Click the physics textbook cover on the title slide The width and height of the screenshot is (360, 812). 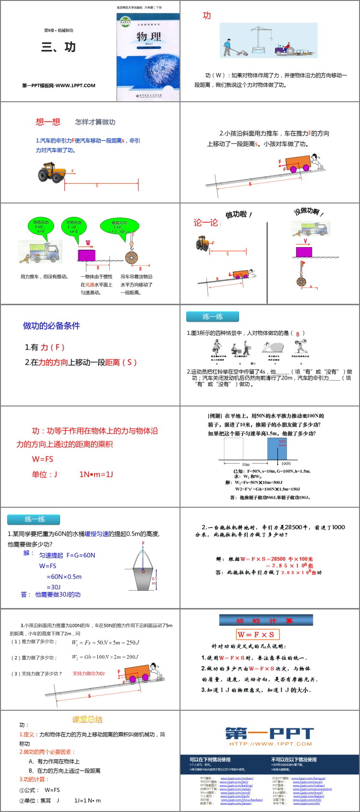(148, 56)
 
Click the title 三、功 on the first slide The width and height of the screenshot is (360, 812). (58, 47)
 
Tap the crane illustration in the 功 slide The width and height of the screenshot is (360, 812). (261, 38)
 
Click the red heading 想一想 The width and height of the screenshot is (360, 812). (48, 122)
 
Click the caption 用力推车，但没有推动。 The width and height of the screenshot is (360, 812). (44, 277)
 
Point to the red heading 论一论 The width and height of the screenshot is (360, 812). (206, 223)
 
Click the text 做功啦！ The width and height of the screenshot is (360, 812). (239, 215)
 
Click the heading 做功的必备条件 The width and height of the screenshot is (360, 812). (51, 326)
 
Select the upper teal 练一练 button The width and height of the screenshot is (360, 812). (213, 317)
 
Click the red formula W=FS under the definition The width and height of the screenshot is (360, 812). (43, 459)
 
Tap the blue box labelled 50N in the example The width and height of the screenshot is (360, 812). (277, 449)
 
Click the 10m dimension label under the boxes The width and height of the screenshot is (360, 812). (245, 465)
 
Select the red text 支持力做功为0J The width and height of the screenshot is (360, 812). (88, 673)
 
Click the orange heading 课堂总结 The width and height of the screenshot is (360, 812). (87, 719)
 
